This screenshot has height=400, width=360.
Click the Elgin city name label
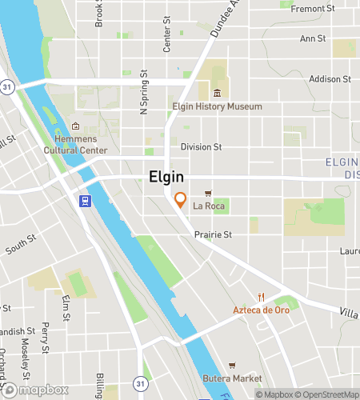pyautogui.click(x=166, y=178)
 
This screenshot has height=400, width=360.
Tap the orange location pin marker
pyautogui.click(x=181, y=200)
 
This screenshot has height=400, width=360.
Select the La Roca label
pyautogui.click(x=209, y=206)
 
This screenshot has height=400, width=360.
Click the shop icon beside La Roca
pyautogui.click(x=209, y=194)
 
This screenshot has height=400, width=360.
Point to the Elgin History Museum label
pyautogui.click(x=217, y=106)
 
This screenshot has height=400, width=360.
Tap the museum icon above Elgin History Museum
pyautogui.click(x=217, y=94)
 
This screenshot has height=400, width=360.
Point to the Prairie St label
pyautogui.click(x=213, y=235)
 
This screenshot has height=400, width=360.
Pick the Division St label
pyautogui.click(x=201, y=146)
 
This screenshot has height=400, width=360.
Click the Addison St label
pyautogui.click(x=330, y=79)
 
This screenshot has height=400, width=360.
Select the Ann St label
pyautogui.click(x=312, y=38)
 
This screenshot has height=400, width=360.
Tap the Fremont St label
pyautogui.click(x=313, y=8)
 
